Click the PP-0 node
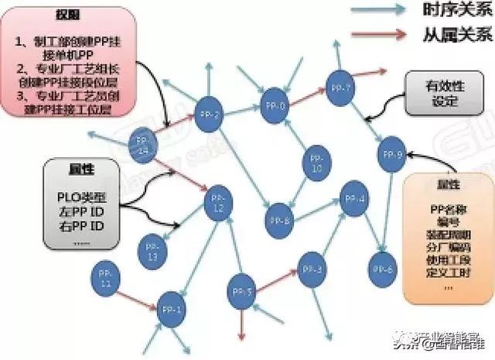tap(273, 106)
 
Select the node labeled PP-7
tap(340, 87)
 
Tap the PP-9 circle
tap(391, 155)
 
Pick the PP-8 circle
tap(280, 221)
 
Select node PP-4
tap(355, 199)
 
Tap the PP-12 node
tap(218, 203)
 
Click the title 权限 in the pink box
tap(65, 15)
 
